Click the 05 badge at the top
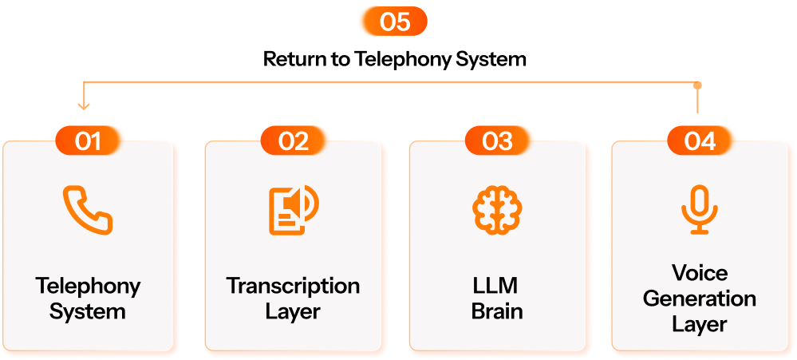(x=392, y=22)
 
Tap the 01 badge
(x=89, y=141)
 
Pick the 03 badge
(x=498, y=141)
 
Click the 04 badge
(x=701, y=141)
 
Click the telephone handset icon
(x=88, y=210)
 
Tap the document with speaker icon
(x=293, y=210)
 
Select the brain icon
(x=497, y=209)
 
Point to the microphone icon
(x=700, y=210)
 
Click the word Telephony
(x=88, y=287)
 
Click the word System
(x=88, y=311)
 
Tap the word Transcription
(x=293, y=286)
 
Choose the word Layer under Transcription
(x=293, y=311)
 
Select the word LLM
(x=497, y=286)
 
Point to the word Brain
(x=497, y=311)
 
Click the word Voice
(x=700, y=274)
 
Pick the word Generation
(x=700, y=299)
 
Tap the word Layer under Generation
(x=700, y=324)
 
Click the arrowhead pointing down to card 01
(x=84, y=105)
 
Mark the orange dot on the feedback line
(x=697, y=85)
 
